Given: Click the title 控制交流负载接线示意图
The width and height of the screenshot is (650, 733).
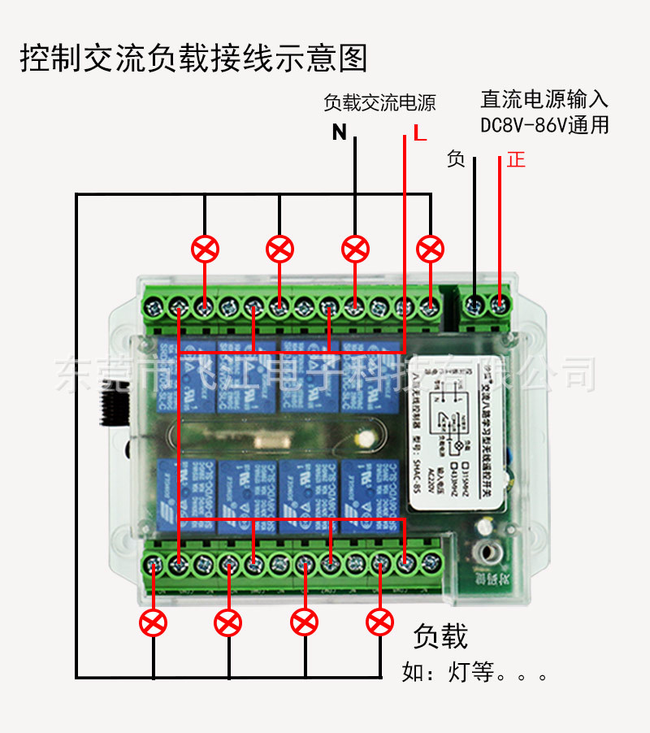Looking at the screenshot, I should (x=193, y=59).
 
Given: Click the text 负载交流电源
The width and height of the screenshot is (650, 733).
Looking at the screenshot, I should (x=379, y=103).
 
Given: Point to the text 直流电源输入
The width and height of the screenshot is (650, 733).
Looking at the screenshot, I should (x=544, y=100).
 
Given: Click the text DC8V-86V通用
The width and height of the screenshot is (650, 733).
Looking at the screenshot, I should (x=544, y=125).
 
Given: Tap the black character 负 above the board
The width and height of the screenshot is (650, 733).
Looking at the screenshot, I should (x=456, y=159).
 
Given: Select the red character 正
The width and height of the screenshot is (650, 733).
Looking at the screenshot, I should (x=516, y=159).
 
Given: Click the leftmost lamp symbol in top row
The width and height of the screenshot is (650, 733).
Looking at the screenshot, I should (x=205, y=249).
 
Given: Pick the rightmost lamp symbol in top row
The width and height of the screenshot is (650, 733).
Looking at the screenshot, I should (x=430, y=249).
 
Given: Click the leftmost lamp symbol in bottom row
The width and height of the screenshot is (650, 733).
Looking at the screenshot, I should (x=153, y=623).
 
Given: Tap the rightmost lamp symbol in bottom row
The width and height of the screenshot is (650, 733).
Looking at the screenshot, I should (x=379, y=623).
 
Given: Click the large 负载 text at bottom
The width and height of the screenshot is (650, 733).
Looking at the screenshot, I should (x=441, y=636).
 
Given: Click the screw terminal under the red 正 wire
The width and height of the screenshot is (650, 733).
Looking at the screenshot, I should (x=500, y=306).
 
